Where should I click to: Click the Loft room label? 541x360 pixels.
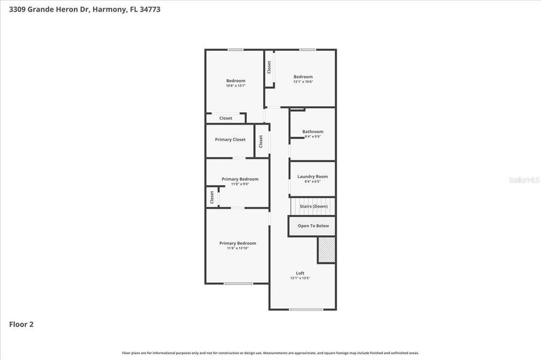tap(300, 273)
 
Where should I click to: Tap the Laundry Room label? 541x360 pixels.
tap(313, 176)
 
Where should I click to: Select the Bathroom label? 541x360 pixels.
tap(313, 131)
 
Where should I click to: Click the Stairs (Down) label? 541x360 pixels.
tap(313, 206)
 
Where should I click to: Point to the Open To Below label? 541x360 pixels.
tap(313, 226)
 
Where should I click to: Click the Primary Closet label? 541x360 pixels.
tap(230, 139)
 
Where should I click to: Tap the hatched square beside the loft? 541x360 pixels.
tap(327, 250)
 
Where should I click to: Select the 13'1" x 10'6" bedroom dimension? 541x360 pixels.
tap(303, 82)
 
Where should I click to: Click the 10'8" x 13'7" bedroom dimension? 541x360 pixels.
tap(235, 86)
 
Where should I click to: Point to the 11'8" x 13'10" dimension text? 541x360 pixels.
tap(238, 248)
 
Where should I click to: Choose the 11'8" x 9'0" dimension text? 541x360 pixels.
tap(240, 184)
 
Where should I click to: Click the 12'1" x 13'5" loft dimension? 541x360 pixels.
tap(300, 278)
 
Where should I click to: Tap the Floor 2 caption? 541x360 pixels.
tap(21, 325)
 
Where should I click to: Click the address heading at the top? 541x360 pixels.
tap(85, 9)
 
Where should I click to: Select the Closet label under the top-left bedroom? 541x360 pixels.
tap(226, 118)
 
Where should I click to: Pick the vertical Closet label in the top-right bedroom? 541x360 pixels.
tap(269, 67)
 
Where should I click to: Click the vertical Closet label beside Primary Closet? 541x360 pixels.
tap(261, 141)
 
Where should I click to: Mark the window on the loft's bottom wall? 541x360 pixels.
tap(306, 310)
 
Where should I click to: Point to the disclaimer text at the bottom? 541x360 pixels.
tap(270, 353)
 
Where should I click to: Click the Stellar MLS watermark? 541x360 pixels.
tap(524, 179)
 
